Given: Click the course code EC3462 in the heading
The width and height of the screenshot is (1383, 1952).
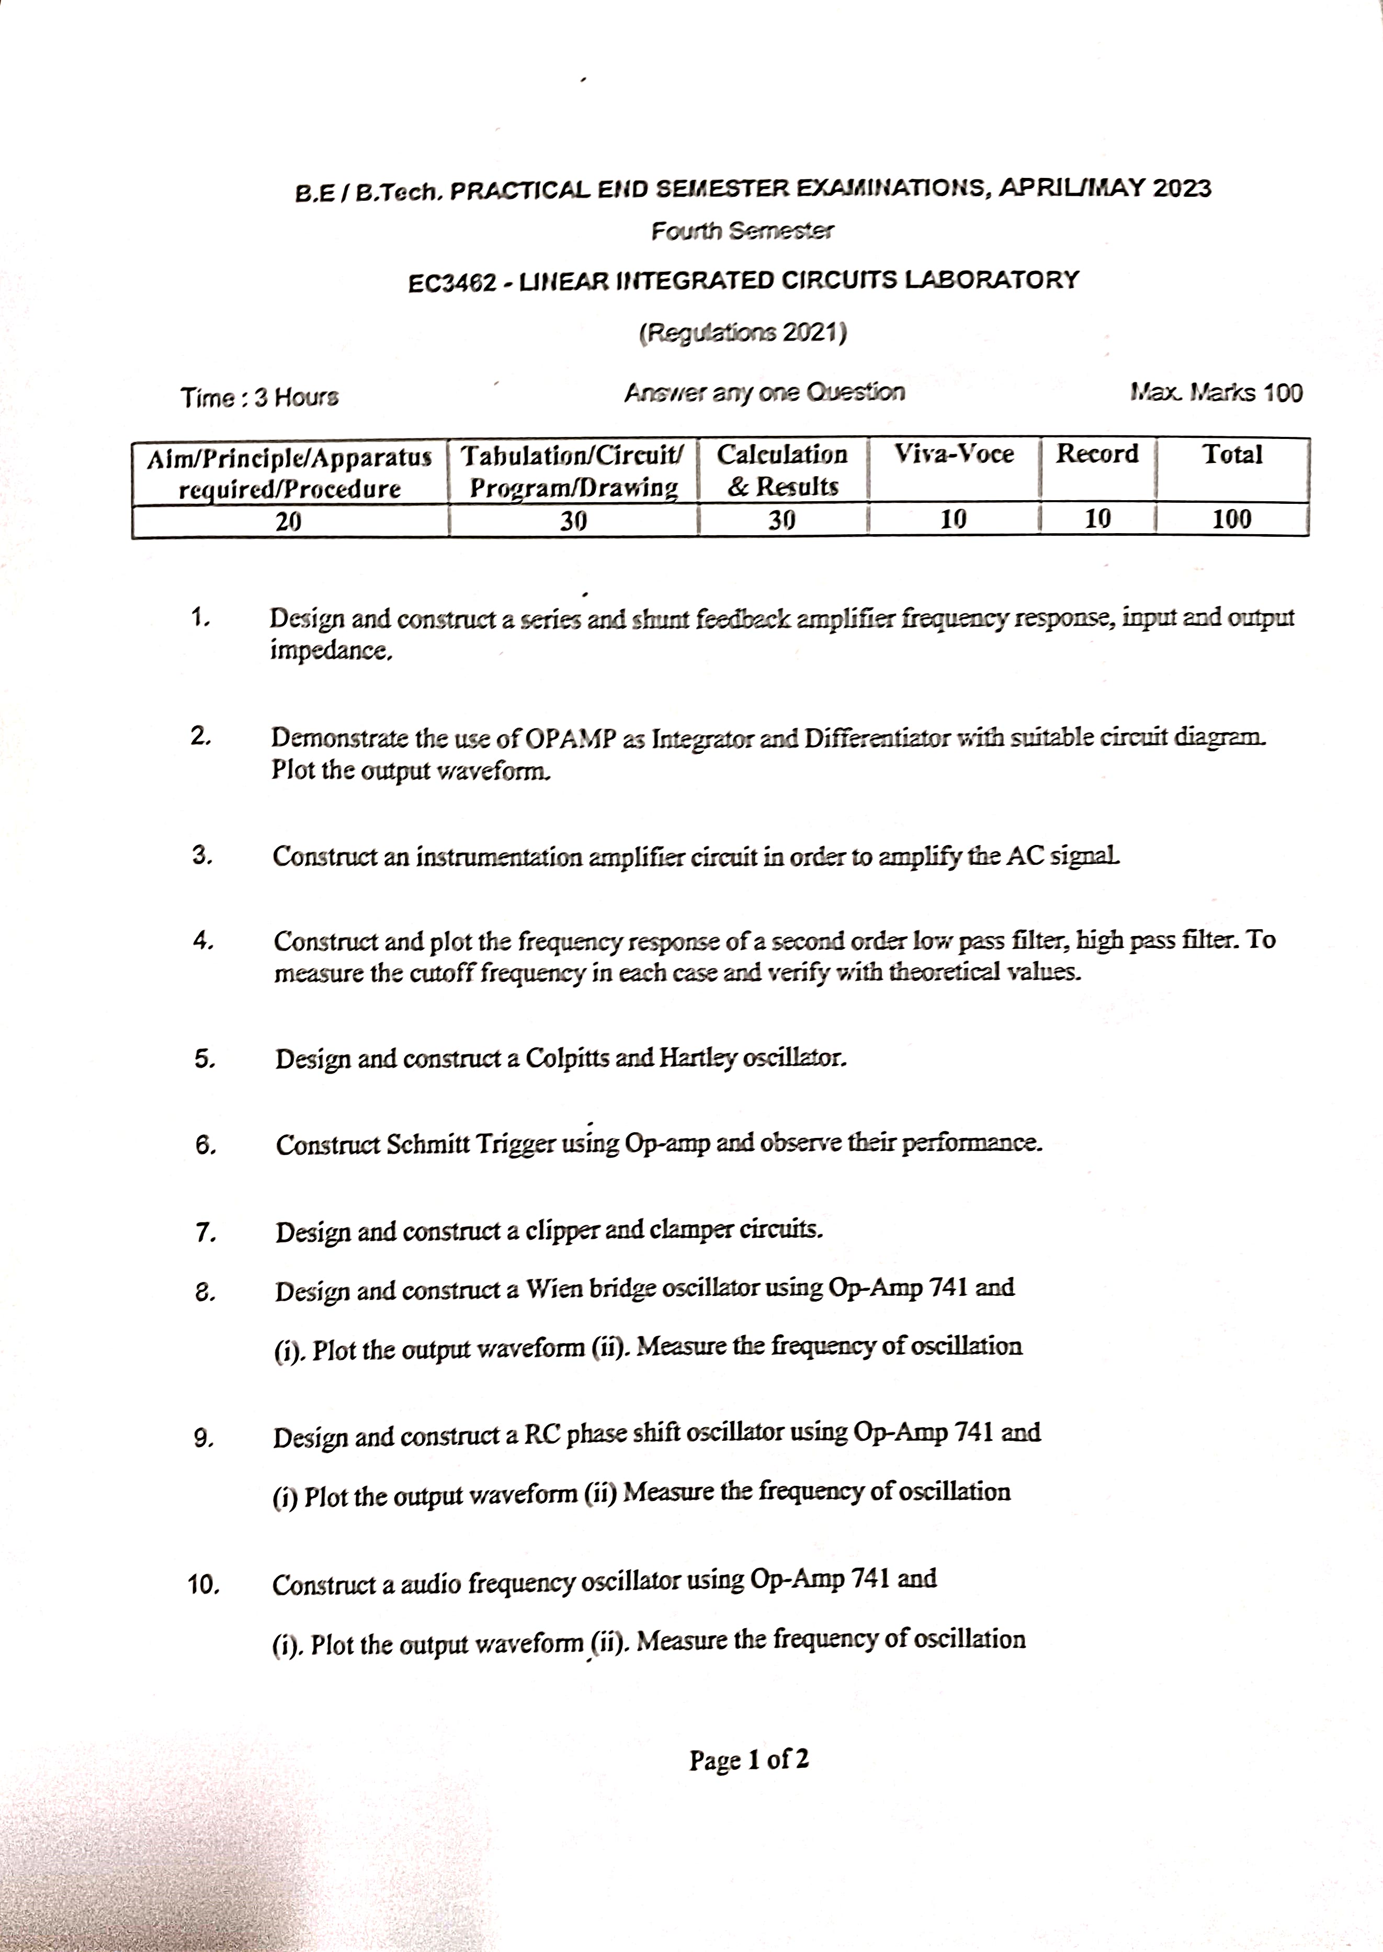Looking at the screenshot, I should [x=451, y=283].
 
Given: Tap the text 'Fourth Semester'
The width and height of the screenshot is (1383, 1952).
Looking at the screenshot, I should [x=743, y=231].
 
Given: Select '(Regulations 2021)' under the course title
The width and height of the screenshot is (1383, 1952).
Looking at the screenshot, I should [x=743, y=332].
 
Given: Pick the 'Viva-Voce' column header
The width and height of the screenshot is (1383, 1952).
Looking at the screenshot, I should [x=954, y=454].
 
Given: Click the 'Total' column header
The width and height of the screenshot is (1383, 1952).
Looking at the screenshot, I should [x=1231, y=454].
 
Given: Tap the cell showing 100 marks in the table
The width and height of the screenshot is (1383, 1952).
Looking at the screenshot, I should [x=1231, y=518].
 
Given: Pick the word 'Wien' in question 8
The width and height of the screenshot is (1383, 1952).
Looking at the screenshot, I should [x=553, y=1290].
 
